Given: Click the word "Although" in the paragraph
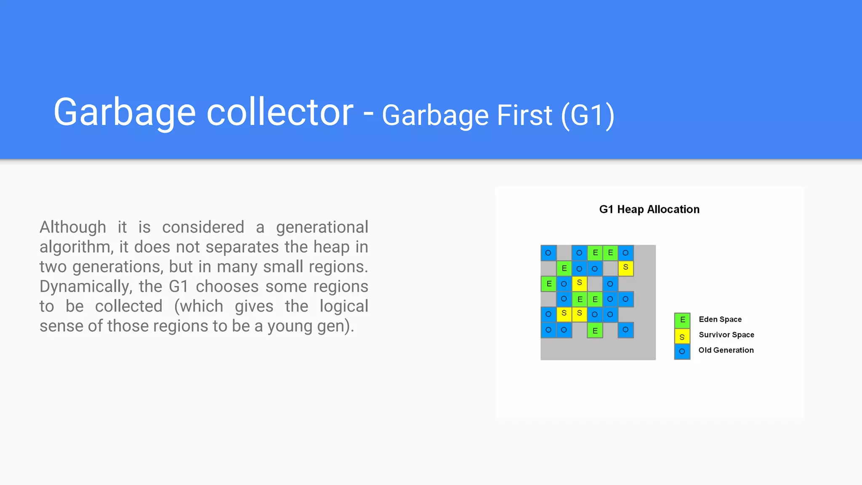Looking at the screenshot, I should [x=73, y=227].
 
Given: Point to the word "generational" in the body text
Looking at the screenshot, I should [x=322, y=227].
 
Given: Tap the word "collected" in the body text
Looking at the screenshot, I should [x=129, y=306].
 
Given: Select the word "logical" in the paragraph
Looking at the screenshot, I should [x=344, y=306].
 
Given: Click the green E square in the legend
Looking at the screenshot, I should [x=682, y=320].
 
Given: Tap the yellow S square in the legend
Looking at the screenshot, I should [x=682, y=336].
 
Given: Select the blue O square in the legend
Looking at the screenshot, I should [x=682, y=352].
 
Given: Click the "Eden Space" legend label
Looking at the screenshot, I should [x=720, y=320].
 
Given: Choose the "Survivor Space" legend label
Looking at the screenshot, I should [x=726, y=335].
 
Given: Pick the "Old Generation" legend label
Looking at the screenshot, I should [x=726, y=350].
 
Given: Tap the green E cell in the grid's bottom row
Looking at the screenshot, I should [x=595, y=330].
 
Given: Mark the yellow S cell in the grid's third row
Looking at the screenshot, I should [x=580, y=283].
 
